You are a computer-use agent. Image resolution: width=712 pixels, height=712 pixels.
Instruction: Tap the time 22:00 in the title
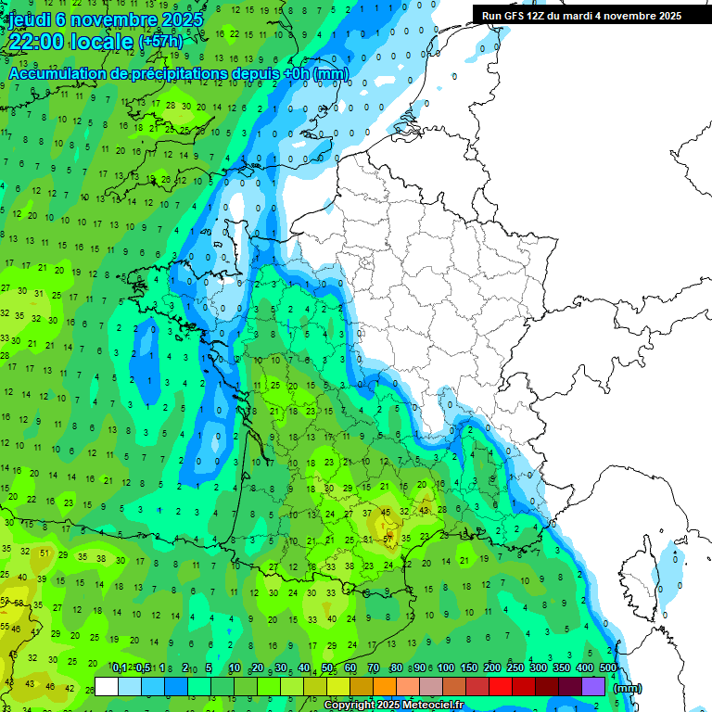coord(39,42)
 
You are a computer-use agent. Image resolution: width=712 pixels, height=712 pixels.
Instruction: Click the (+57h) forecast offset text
coord(160,42)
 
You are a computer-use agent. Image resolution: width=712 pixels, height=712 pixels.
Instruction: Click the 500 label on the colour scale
coord(607,667)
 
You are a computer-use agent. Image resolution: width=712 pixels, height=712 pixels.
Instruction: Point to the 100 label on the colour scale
coord(446,667)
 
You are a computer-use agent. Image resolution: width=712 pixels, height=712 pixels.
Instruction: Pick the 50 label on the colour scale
coord(328,667)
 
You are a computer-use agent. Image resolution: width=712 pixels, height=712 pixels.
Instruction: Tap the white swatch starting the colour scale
coord(107,686)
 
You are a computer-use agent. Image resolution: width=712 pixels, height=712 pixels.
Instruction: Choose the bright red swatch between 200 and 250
coord(501,686)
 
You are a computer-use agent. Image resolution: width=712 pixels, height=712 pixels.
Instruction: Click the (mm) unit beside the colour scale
coord(628,687)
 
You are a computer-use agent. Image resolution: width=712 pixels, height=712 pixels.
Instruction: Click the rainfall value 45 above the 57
coord(386,513)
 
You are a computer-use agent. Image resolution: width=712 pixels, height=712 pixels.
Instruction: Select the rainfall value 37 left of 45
coord(367,513)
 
